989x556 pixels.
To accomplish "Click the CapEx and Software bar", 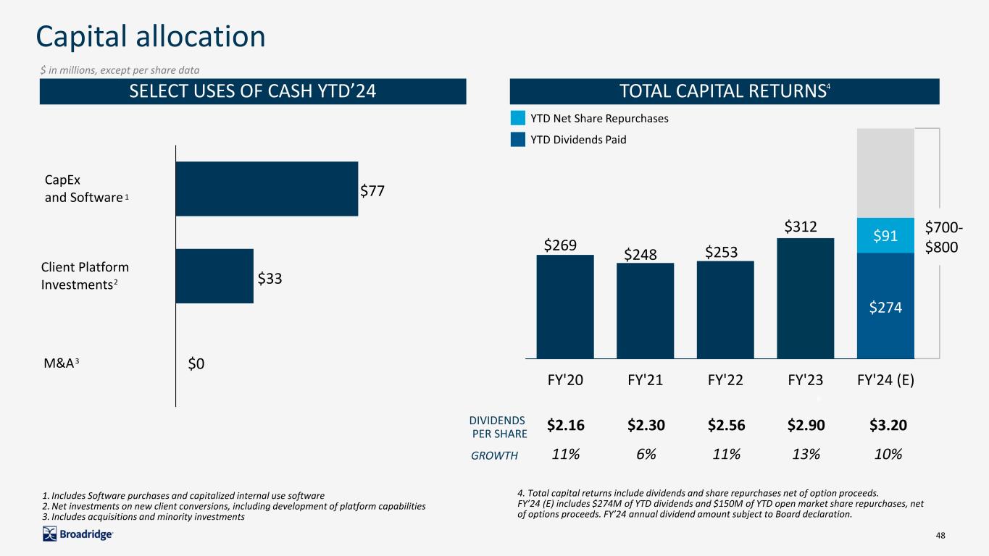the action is (267, 189).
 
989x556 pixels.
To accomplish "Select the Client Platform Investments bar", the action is (214, 277).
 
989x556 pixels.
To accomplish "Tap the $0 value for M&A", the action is (196, 363).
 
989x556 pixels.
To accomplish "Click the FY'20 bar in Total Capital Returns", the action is (565, 307).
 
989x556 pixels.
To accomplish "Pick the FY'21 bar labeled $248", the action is (645, 311).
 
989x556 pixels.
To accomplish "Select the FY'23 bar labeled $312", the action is (806, 298).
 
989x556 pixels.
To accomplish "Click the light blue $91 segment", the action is (885, 235).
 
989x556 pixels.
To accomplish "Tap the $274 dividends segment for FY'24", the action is (885, 306).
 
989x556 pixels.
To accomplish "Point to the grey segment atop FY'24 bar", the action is (885, 173).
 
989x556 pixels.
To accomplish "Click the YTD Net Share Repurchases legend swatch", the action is (518, 118).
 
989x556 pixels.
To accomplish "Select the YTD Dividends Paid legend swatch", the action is (518, 140).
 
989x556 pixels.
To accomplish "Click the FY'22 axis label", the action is (725, 380).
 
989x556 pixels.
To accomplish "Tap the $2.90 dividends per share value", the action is (806, 425).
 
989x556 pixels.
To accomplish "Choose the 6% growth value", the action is (646, 454).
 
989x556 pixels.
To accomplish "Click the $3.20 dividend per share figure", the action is (888, 425).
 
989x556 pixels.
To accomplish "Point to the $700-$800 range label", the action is (943, 237).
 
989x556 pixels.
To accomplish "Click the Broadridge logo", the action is (78, 534).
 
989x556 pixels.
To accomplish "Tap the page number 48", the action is (940, 535).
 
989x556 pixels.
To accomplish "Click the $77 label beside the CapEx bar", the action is (372, 190).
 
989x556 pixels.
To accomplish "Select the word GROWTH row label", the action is (494, 455).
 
